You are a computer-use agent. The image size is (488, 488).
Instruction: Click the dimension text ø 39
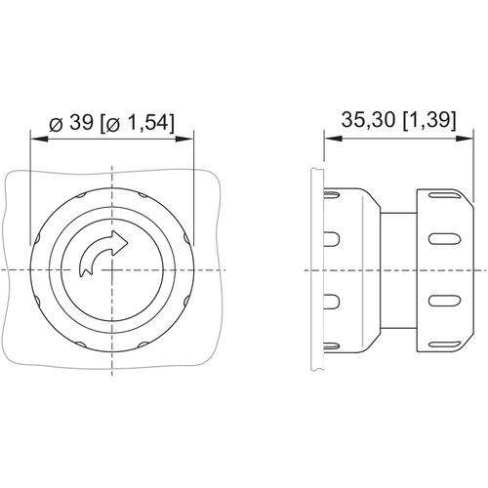point(71,124)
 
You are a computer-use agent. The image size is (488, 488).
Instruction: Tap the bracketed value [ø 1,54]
point(137,124)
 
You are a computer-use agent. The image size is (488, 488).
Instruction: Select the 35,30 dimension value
point(369,120)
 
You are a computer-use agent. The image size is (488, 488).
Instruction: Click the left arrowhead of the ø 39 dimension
point(39,139)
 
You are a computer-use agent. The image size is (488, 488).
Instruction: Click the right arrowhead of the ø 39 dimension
point(184,139)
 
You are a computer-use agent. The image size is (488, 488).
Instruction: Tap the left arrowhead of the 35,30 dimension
point(334,139)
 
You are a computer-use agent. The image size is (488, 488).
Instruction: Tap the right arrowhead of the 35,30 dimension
point(464,139)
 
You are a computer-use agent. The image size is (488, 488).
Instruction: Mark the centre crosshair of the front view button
point(112,270)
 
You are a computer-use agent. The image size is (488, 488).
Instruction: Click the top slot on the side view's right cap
point(444,196)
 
